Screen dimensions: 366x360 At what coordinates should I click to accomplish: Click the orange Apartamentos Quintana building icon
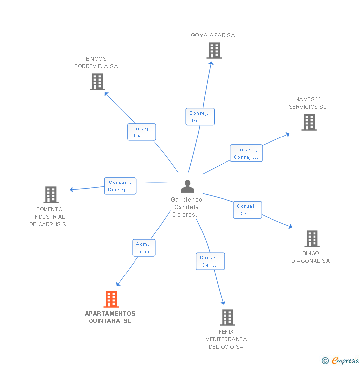coord(111,299)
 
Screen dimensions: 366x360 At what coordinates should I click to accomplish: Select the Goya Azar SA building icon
coord(214,50)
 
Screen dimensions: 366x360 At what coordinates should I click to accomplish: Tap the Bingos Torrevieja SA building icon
coord(97,82)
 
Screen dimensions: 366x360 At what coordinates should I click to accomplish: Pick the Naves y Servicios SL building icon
coord(309,122)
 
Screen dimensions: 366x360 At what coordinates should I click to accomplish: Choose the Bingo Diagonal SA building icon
coord(312,239)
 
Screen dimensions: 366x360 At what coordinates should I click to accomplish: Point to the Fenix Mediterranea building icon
coord(227,318)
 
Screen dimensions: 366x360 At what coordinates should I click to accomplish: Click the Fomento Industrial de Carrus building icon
coord(51,195)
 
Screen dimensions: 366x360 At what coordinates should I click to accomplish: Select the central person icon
coord(187,186)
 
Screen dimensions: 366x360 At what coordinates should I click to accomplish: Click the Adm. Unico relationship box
coord(143,248)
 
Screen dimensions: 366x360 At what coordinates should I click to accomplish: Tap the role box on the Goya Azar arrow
coord(200,117)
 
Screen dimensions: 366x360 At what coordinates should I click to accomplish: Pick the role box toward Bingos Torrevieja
coord(141,132)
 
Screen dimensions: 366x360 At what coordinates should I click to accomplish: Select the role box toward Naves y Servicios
coord(246,153)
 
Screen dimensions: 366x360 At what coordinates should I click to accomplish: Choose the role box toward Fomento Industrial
coord(120,186)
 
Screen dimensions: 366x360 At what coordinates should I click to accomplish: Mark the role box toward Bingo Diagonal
coord(247,210)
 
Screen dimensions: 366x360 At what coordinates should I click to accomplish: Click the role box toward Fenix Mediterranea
coord(210,261)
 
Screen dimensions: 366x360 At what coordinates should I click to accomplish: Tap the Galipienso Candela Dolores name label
coord(186,207)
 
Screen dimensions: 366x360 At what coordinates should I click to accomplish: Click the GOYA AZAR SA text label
coord(213,35)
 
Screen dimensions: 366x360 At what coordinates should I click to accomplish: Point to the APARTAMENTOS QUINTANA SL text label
coord(110,317)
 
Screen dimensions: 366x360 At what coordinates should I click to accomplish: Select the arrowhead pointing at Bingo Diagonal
coord(290,227)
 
